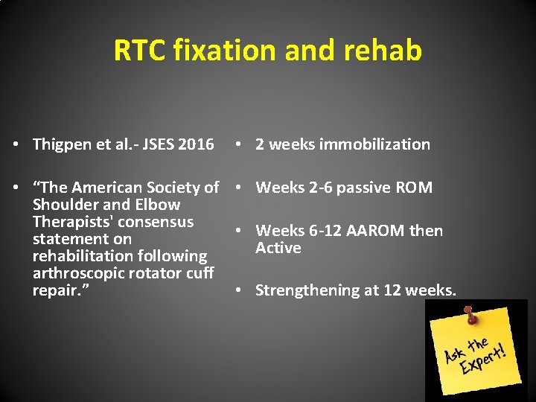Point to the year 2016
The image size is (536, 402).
pos(196,144)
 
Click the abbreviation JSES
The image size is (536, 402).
pos(152,144)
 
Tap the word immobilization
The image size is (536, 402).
pos(374,144)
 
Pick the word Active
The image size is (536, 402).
pos(278,248)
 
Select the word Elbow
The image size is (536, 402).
pos(156,205)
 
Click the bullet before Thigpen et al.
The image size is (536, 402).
pos(16,145)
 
